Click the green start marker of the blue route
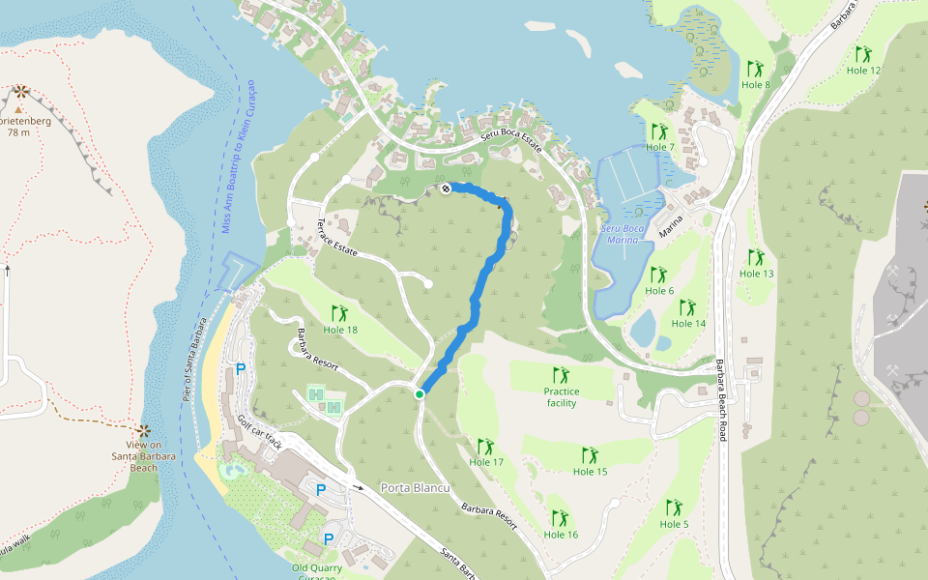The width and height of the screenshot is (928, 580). coord(420,394)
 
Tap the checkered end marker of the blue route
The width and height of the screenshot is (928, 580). coord(446,188)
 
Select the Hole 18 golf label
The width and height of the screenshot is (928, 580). coord(340,330)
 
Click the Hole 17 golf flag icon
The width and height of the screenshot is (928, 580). coord(485,446)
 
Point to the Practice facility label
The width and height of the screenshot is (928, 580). coord(561,396)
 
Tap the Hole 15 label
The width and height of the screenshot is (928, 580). coord(590,472)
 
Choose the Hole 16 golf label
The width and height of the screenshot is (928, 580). coord(561,535)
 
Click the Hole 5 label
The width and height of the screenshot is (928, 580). coord(674,524)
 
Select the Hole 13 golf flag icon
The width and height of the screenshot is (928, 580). coord(755,257)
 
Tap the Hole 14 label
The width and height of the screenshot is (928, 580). coord(687,323)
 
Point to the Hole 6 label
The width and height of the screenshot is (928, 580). coord(658,291)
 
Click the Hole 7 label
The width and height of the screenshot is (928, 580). coord(659,147)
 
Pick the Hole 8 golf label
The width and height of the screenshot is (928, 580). coord(755,85)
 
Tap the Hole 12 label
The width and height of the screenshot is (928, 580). coord(863,71)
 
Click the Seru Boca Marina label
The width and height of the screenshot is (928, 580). coord(622,234)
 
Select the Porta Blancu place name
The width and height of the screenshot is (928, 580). coord(416,487)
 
